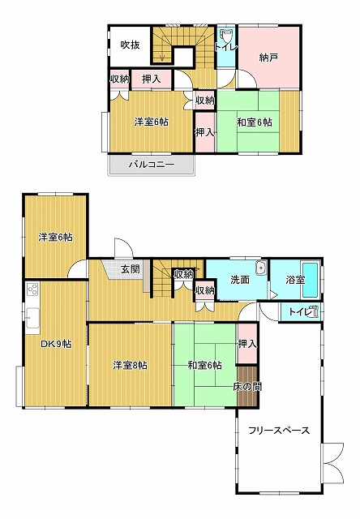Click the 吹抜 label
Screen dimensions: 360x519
130,45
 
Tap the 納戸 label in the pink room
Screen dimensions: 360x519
268,58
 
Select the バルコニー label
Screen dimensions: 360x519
152,164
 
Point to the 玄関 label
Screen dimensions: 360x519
130,268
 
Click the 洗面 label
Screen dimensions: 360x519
240,280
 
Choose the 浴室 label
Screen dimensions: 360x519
295,280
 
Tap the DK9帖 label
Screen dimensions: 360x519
56,344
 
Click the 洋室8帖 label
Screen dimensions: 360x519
130,366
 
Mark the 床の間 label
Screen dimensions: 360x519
247,386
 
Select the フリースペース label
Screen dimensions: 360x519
279,431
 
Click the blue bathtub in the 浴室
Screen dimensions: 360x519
311,280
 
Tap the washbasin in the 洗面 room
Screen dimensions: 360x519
261,268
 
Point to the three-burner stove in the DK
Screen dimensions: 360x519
32,290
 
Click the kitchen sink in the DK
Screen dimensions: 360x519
32,318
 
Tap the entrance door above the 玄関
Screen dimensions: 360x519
123,248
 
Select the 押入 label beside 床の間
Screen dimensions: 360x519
247,344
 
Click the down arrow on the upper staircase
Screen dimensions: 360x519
162,56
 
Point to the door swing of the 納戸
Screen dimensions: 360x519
247,80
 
